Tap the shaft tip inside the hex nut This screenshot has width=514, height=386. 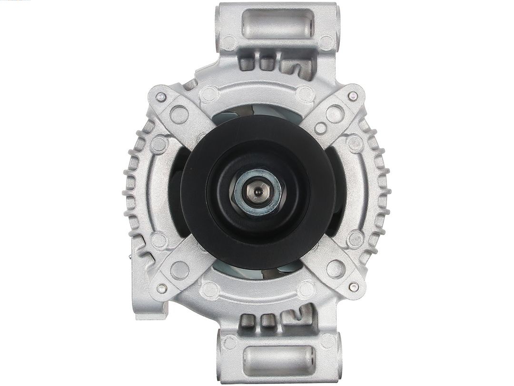tap(257, 192)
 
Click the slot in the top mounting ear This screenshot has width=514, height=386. tap(277, 23)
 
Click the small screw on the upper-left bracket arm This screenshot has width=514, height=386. tap(161, 97)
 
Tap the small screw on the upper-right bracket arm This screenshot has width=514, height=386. tap(352, 96)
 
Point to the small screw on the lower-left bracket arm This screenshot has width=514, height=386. tap(162, 288)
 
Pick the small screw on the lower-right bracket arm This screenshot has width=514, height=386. tap(353, 287)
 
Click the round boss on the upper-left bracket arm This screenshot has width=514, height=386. tap(179, 114)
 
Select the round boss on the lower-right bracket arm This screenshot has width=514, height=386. tap(336, 269)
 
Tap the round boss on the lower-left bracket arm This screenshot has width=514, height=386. tap(179, 270)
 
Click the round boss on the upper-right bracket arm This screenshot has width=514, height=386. tap(335, 114)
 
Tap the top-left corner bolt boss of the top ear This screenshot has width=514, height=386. tap(229, 43)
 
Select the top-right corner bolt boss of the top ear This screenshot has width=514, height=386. tap(326, 42)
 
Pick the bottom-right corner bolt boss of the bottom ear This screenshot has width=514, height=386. tap(327, 341)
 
